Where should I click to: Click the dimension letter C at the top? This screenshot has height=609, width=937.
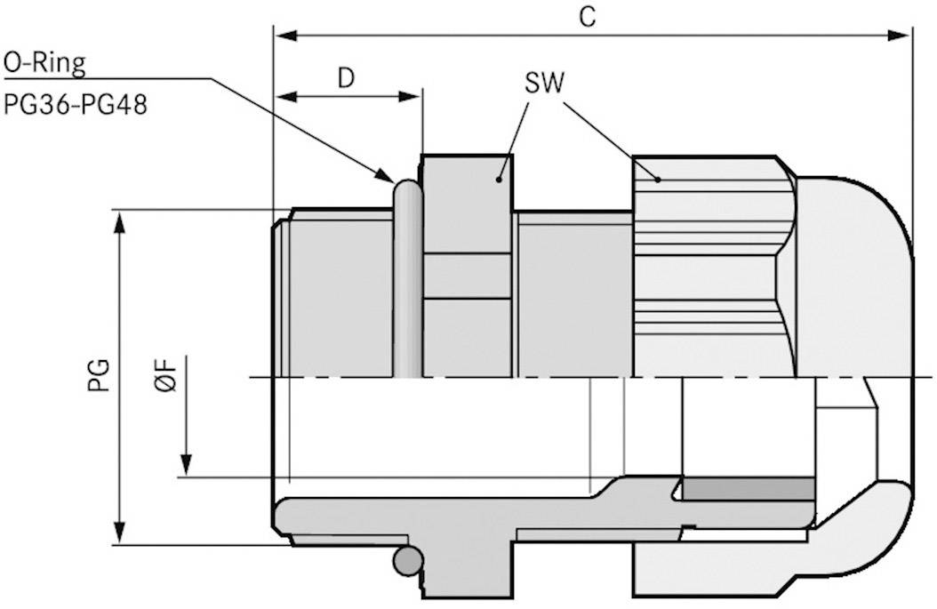click(587, 18)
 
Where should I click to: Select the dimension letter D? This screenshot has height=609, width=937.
click(346, 78)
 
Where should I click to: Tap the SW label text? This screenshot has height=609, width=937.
click(544, 84)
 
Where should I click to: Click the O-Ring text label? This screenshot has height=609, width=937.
click(44, 62)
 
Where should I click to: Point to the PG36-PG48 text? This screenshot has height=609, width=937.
click(75, 105)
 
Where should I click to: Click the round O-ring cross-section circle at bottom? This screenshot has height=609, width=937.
click(407, 560)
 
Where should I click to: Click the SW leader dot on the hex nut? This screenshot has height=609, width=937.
click(501, 180)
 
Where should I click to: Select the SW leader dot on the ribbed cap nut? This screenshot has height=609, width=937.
click(658, 179)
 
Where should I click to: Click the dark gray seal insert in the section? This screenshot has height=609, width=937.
click(748, 487)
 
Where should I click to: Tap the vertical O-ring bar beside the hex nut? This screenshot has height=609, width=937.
click(406, 276)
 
